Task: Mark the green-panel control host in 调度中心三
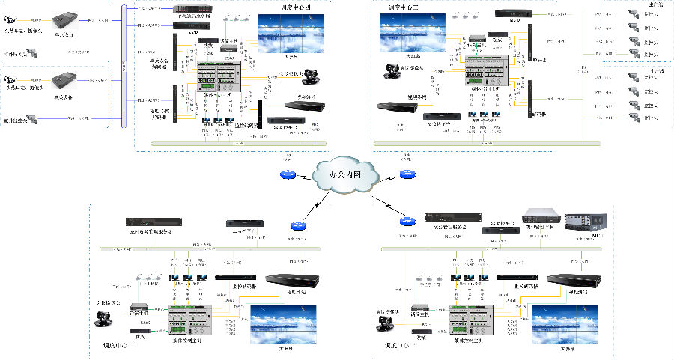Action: click(488, 72)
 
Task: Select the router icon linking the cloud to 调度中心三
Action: click(407, 174)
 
